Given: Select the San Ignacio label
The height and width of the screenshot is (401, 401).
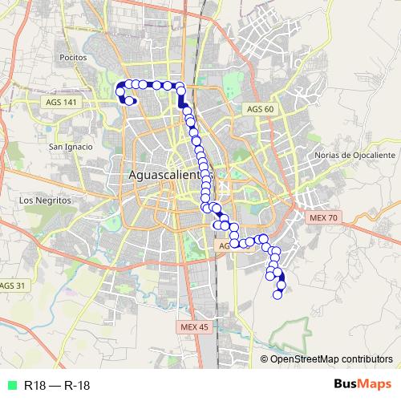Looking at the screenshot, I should pyautogui.click(x=71, y=147).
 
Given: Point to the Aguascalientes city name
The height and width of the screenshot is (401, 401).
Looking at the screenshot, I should pyautogui.click(x=164, y=176).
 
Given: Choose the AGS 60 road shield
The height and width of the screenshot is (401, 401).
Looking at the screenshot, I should pyautogui.click(x=261, y=108).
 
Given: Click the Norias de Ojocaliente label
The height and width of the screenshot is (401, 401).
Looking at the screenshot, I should pyautogui.click(x=355, y=155).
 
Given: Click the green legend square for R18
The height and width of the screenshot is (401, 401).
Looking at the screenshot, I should pyautogui.click(x=10, y=385).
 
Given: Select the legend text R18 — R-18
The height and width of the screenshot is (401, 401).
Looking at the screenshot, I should pyautogui.click(x=56, y=385).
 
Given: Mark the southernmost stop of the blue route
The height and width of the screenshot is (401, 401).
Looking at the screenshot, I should pyautogui.click(x=278, y=294).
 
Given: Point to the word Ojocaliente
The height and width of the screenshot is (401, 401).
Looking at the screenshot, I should pyautogui.click(x=370, y=155).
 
